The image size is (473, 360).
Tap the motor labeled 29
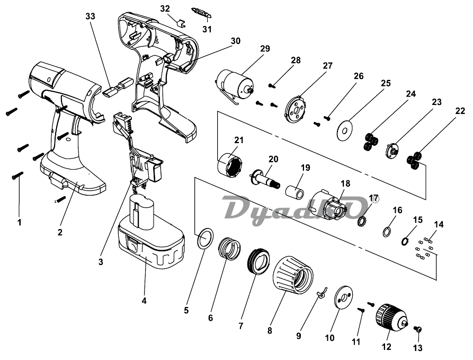235,83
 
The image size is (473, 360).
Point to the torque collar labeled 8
293,275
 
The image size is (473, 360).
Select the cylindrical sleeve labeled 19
294,192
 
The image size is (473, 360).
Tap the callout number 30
236,40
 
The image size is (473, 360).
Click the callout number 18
346,183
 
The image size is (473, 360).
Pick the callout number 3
101,261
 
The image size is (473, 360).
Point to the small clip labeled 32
181,23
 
